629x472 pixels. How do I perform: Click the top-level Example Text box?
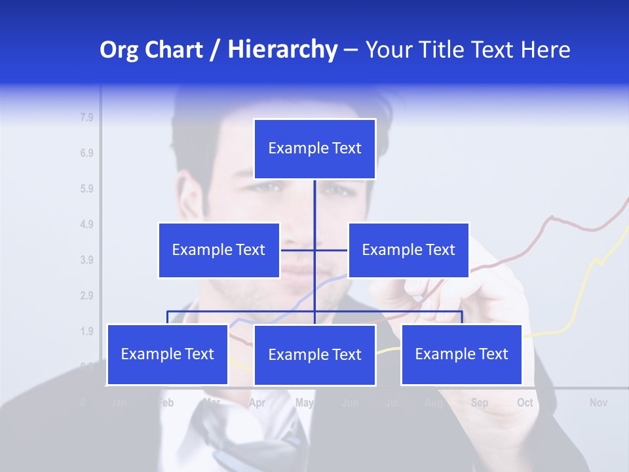[314, 149]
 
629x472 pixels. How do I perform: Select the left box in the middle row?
[219, 250]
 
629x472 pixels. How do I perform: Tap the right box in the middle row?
[408, 250]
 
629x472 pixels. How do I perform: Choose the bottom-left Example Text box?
[168, 354]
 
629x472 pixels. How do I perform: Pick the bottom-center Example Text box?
[314, 355]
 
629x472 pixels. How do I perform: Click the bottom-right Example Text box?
[461, 354]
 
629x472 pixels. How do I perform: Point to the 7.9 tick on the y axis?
[86, 118]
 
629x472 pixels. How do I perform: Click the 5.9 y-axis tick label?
[86, 189]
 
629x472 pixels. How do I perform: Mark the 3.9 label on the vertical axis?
[86, 260]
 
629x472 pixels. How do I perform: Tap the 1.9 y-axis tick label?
[86, 331]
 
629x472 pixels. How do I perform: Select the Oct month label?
[525, 403]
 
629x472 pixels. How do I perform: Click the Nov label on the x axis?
[598, 403]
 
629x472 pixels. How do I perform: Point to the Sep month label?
[479, 403]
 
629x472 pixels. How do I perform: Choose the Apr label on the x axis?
[257, 403]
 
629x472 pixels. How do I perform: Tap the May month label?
[304, 403]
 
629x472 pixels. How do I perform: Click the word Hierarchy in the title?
[282, 50]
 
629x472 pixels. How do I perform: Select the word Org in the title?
[121, 50]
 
